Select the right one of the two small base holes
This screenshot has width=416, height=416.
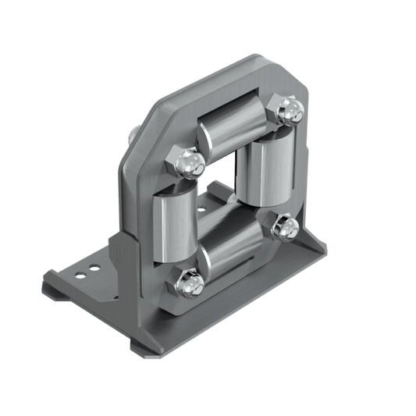(94, 268)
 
